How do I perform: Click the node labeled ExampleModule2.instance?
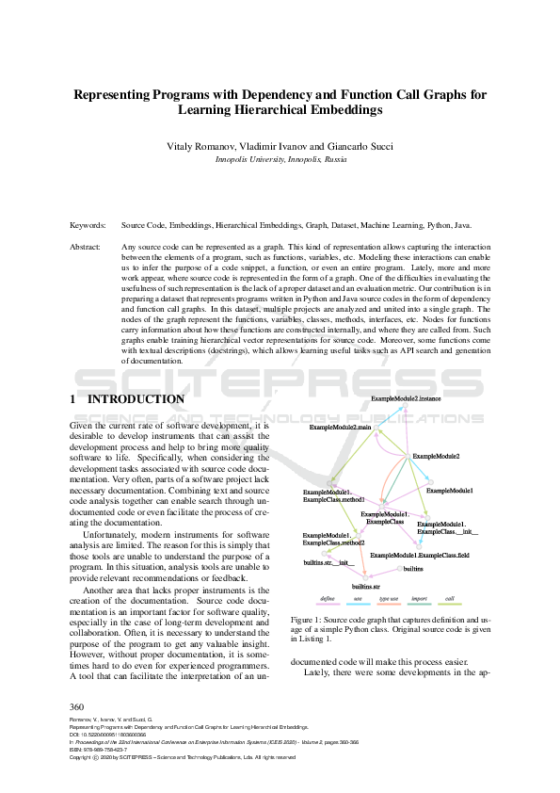406,399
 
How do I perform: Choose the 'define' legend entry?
329,598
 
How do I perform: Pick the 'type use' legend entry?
388,598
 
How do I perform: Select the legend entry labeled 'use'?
358,598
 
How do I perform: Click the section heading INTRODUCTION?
136,399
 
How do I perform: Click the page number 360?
78,706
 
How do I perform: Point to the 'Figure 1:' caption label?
308,620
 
